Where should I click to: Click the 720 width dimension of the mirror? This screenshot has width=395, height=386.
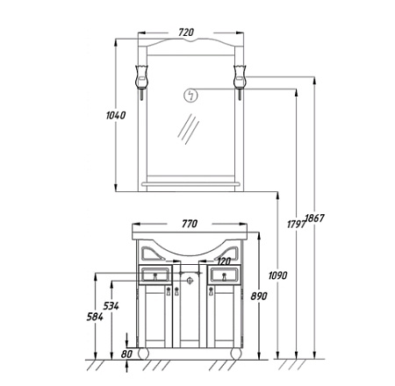[186, 32]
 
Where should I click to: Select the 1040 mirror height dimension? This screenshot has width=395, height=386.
[116, 115]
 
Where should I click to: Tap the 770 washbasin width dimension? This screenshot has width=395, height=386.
[190, 224]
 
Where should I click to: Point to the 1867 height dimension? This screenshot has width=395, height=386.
[314, 218]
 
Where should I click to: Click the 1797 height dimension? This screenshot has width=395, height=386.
[297, 225]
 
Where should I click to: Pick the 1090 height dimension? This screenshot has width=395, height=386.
[278, 275]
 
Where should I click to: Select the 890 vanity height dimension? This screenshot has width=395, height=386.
[259, 297]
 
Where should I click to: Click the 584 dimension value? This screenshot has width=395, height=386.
[95, 317]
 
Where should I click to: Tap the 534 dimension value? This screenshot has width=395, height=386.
[111, 306]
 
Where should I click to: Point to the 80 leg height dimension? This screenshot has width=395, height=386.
[126, 354]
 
